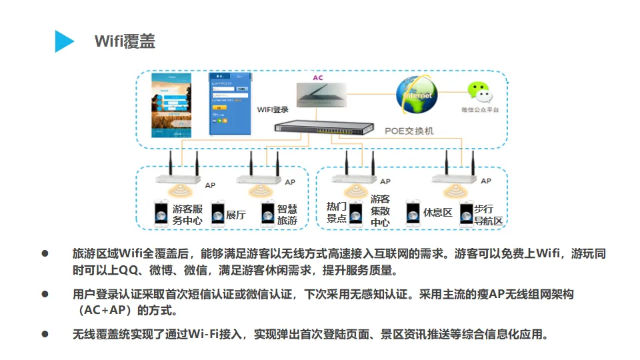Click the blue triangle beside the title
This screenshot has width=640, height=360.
64,41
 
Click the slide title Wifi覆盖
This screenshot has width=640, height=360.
125,41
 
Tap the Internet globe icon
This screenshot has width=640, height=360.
417,95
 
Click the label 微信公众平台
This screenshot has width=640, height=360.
480,110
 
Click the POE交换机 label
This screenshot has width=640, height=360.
409,131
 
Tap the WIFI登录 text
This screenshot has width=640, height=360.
273,110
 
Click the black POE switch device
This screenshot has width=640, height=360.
324,126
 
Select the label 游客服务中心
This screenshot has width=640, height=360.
187,215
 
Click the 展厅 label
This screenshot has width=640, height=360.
236,215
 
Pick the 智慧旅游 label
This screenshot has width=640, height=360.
287,215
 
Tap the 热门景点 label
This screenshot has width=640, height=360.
337,212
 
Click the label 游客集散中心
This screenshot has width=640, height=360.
380,211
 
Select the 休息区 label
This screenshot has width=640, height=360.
438,213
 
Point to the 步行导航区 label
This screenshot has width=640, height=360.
488,215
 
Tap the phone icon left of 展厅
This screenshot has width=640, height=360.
218,214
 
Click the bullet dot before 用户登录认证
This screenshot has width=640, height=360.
46,293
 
